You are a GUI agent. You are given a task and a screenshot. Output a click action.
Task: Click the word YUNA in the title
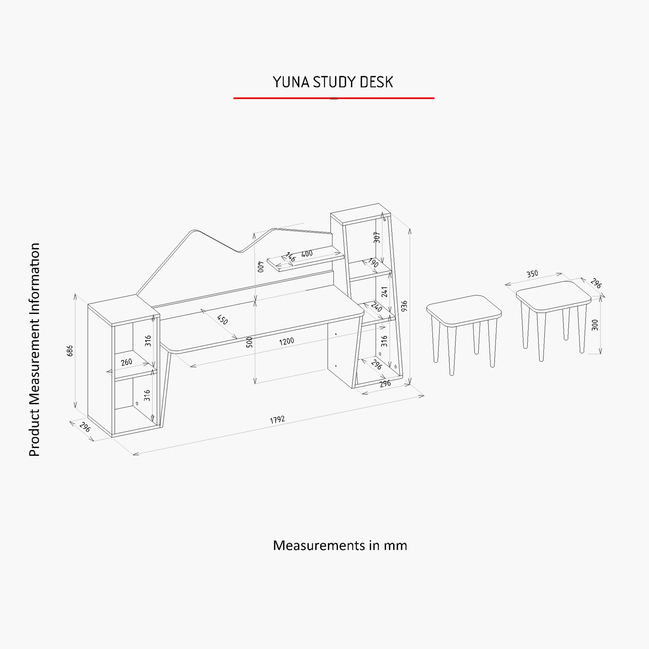[x=291, y=82]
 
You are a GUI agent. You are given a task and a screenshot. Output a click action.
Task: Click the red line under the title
[x=334, y=98]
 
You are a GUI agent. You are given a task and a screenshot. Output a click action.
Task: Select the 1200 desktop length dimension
[x=287, y=342]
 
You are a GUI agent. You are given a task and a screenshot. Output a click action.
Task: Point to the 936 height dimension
[x=405, y=306]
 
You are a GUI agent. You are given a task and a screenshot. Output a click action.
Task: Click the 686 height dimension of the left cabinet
[x=70, y=351]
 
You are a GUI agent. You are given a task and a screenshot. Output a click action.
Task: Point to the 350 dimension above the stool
[x=532, y=274]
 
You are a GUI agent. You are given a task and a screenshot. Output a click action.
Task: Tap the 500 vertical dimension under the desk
[x=249, y=342]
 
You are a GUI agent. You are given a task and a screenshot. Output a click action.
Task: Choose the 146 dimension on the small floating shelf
[x=290, y=257]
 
